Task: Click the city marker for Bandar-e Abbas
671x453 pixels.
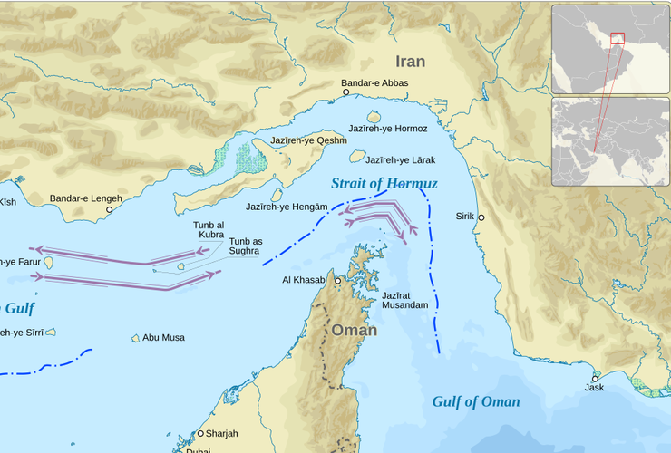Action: [345, 92]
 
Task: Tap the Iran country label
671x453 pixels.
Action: [410, 62]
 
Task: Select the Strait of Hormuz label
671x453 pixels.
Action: [384, 183]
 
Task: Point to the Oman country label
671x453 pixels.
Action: [354, 330]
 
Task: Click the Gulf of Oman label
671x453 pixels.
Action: [476, 401]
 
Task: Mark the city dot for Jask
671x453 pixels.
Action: [596, 378]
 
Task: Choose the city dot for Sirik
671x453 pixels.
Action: [481, 217]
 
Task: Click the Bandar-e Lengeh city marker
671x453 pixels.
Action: [110, 209]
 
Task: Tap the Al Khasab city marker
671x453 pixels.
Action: [338, 281]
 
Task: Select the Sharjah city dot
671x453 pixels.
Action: [201, 434]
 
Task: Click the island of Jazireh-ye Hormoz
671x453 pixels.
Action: [374, 117]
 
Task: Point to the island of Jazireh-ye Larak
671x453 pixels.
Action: [357, 157]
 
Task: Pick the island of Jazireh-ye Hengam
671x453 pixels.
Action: [277, 195]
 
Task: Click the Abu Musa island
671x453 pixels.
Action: [136, 338]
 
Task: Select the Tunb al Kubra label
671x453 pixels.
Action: [209, 229]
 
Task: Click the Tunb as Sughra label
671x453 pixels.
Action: [245, 246]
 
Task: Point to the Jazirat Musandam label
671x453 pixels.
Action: [404, 300]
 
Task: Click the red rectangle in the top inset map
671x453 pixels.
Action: [618, 38]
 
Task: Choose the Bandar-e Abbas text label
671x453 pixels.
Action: [374, 82]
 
